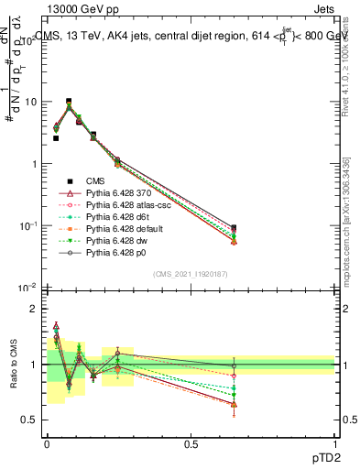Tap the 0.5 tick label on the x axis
click(x=191, y=442)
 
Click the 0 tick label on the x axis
click(x=47, y=442)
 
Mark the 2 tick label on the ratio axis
click(x=32, y=309)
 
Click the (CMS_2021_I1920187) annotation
click(x=191, y=273)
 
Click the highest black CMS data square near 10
click(x=69, y=102)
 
